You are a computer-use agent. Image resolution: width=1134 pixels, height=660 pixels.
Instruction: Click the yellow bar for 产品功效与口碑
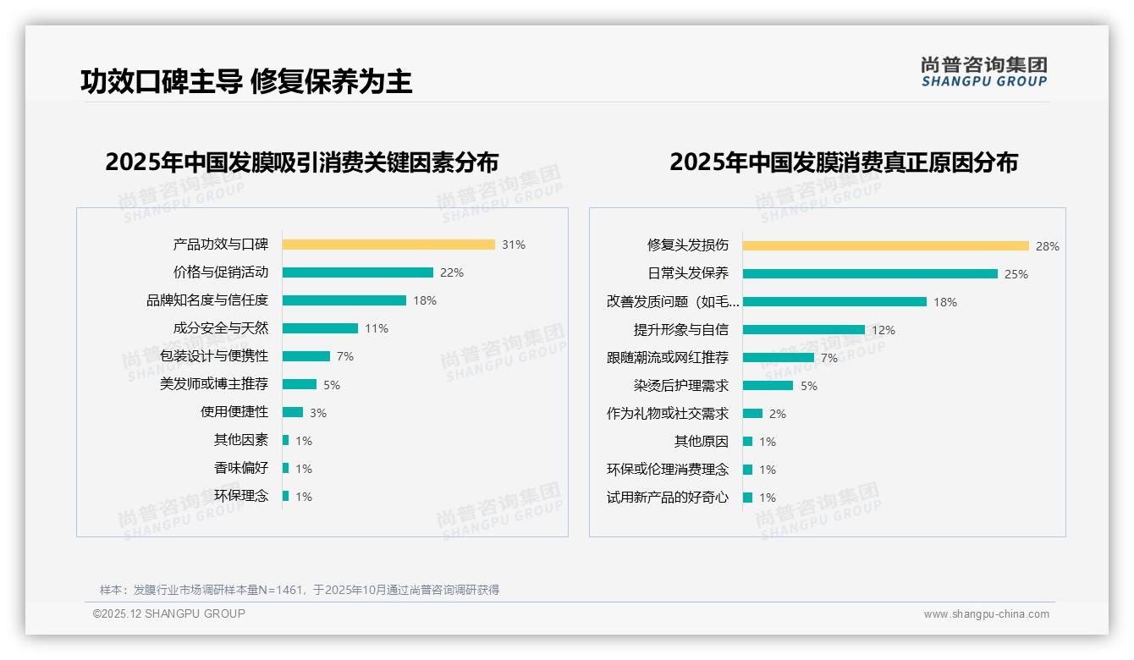click(388, 245)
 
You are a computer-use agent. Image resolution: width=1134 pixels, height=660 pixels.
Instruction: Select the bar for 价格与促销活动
click(357, 272)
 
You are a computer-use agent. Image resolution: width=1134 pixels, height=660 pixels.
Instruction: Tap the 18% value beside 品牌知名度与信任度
click(425, 300)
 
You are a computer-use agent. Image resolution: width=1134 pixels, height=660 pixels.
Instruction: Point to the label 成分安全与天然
click(220, 328)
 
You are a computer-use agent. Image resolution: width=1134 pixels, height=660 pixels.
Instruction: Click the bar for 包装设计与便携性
click(306, 356)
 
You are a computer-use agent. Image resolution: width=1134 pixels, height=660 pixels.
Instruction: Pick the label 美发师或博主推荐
click(214, 384)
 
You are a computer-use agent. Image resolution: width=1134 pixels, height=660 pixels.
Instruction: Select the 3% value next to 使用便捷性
click(317, 413)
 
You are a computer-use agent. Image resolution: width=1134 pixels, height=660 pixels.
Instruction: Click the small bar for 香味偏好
click(286, 468)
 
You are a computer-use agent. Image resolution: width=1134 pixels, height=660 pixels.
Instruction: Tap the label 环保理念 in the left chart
click(240, 496)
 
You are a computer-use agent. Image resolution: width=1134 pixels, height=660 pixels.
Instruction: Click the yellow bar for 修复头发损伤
click(885, 245)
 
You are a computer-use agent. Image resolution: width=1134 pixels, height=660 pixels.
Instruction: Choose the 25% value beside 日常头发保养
click(1016, 274)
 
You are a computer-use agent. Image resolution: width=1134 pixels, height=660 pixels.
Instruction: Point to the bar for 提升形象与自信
click(804, 329)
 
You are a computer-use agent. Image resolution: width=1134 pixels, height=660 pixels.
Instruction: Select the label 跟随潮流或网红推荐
click(667, 358)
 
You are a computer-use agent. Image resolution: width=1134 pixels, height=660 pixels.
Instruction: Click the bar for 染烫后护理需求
click(768, 385)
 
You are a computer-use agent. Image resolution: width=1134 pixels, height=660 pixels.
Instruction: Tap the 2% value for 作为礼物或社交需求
click(777, 414)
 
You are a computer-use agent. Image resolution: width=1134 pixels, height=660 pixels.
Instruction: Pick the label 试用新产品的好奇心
click(667, 498)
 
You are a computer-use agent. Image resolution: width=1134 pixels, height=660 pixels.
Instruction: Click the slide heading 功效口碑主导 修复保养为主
click(246, 81)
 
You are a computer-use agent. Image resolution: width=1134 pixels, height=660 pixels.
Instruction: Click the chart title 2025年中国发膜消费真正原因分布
click(843, 162)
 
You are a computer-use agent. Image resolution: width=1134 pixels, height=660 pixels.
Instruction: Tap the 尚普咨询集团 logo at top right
click(983, 71)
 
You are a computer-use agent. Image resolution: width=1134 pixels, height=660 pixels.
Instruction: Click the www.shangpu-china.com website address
click(986, 614)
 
